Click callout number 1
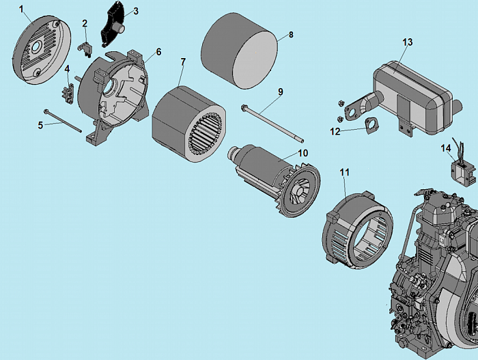pyautogui.click(x=21, y=10)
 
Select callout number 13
pyautogui.click(x=408, y=42)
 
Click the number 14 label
pyautogui.click(x=445, y=148)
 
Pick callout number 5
pyautogui.click(x=40, y=125)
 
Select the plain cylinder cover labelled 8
pyautogui.click(x=239, y=51)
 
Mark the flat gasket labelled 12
pyautogui.click(x=370, y=125)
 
